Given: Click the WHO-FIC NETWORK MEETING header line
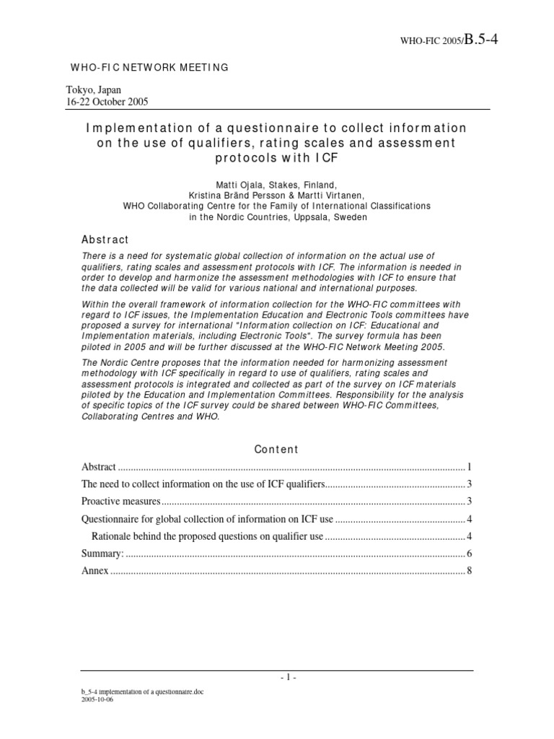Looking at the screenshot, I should (149, 67).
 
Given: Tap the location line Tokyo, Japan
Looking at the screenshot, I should (94, 90).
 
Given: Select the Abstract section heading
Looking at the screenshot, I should (105, 240).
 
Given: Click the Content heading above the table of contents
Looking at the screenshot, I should (276, 449).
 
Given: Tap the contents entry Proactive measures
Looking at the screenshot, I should (120, 501).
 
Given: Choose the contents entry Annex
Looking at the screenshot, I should (94, 570).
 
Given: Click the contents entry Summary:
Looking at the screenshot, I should (102, 553).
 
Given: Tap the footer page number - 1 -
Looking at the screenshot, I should (276, 678).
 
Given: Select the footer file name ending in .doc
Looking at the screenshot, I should (142, 691).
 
